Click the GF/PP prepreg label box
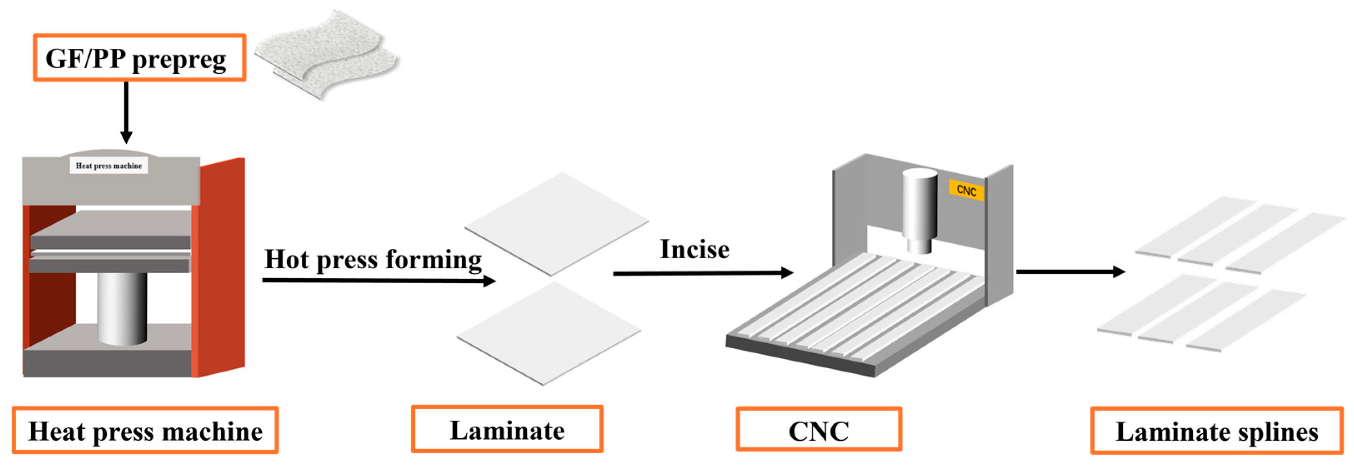[x=139, y=58]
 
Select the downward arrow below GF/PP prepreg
[x=126, y=113]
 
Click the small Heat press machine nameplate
[x=109, y=166]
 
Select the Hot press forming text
[x=373, y=260]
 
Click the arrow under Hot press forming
[x=378, y=280]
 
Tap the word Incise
[x=694, y=250]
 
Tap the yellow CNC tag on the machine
[x=966, y=190]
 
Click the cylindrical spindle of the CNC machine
[x=919, y=210]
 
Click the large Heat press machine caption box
[x=145, y=430]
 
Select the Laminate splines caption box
[x=1216, y=431]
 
